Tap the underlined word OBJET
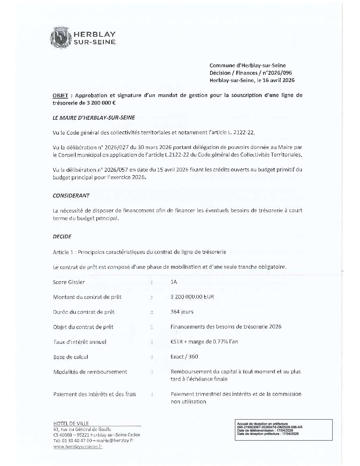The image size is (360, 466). tap(61, 95)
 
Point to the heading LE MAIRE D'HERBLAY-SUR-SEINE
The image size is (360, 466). tap(94, 117)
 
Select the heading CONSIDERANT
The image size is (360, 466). tap(71, 196)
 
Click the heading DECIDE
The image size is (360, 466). tap(62, 237)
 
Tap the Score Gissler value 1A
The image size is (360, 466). tap(174, 282)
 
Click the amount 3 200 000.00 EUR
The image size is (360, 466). tap(192, 297)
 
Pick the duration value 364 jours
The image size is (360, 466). tap(182, 312)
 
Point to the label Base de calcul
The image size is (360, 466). tap(70, 357)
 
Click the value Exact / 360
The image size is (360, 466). tap(184, 357)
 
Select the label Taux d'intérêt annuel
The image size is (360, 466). tap(80, 342)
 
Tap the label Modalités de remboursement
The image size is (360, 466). tap(90, 372)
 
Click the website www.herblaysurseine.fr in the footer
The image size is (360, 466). tap(78, 446)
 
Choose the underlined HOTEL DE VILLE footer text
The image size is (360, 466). tap(71, 423)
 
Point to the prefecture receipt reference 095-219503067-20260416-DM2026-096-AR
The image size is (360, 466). tap(270, 427)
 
